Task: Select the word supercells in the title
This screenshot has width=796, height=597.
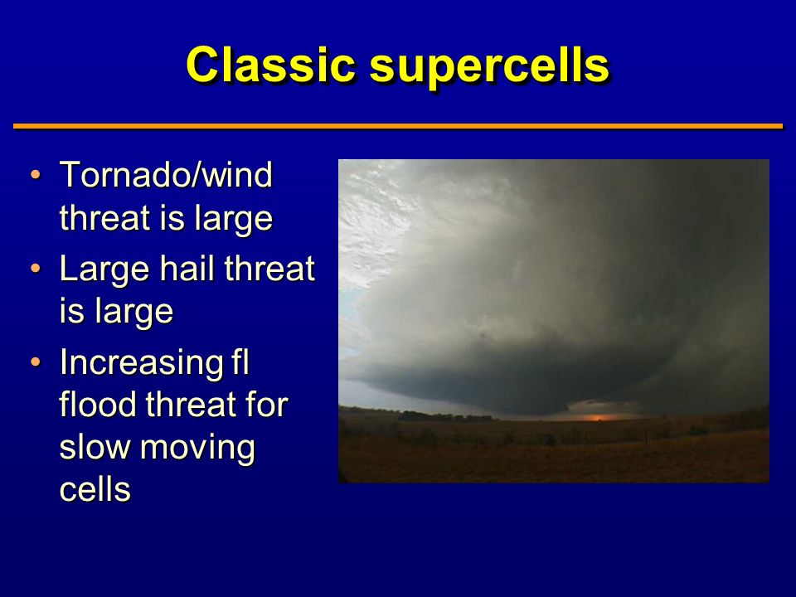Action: tap(489, 65)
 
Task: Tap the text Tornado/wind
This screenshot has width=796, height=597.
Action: tap(166, 175)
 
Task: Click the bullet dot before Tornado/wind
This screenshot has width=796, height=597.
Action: tap(35, 175)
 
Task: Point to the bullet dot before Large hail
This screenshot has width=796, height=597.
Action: tap(35, 268)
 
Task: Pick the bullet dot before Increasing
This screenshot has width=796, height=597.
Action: tap(35, 362)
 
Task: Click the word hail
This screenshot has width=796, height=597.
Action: tap(187, 268)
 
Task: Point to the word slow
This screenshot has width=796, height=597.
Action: tap(95, 447)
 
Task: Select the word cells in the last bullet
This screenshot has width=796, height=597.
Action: tap(95, 489)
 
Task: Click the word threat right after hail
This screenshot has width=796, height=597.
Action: tap(269, 268)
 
